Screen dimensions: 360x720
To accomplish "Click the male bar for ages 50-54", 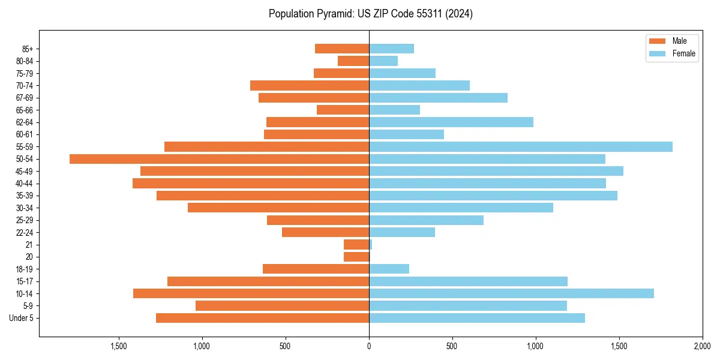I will pyautogui.click(x=219, y=159).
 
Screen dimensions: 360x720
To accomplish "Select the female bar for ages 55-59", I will pyautogui.click(x=521, y=147).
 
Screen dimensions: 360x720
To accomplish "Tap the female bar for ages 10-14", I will pyautogui.click(x=511, y=293).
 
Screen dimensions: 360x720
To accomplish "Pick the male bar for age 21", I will pyautogui.click(x=356, y=245).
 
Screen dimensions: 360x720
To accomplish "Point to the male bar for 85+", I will pyautogui.click(x=342, y=49).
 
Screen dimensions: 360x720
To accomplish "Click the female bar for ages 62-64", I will pyautogui.click(x=451, y=122).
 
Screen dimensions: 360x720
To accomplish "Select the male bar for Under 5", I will pyautogui.click(x=262, y=318).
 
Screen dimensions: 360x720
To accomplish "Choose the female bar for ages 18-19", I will pyautogui.click(x=389, y=269).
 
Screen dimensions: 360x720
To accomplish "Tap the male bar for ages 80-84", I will pyautogui.click(x=353, y=61).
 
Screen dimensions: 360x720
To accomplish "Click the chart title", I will pyautogui.click(x=370, y=14).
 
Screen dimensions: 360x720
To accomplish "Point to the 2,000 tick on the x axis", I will pyautogui.click(x=702, y=346).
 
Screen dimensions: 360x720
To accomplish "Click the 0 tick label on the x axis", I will pyautogui.click(x=369, y=346).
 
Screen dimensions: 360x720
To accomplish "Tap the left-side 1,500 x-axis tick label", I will pyautogui.click(x=119, y=346).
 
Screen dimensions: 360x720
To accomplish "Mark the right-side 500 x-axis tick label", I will pyautogui.click(x=452, y=346).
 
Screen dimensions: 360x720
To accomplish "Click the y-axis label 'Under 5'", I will pyautogui.click(x=21, y=318).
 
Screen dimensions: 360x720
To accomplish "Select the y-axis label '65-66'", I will pyautogui.click(x=25, y=110).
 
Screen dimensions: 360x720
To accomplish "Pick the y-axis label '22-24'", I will pyautogui.click(x=25, y=232).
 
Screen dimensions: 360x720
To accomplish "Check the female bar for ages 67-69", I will pyautogui.click(x=438, y=98).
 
